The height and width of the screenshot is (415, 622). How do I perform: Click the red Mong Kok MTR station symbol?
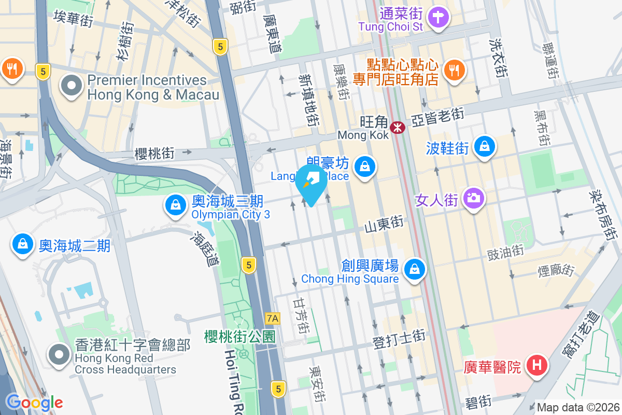398,127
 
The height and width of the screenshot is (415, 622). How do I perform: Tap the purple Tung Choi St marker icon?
439,17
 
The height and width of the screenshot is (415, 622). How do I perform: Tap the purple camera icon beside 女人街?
473,198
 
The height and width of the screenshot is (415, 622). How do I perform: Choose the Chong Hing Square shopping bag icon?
415,269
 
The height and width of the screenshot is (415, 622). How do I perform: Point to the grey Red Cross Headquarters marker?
60,355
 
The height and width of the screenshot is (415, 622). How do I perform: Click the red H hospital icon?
537,366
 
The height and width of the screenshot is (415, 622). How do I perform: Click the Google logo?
34,403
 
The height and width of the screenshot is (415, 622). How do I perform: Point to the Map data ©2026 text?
578,408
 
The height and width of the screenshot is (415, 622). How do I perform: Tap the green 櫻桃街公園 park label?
239,336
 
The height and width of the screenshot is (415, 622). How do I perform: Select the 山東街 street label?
384,224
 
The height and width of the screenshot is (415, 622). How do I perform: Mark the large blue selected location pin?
310,185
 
